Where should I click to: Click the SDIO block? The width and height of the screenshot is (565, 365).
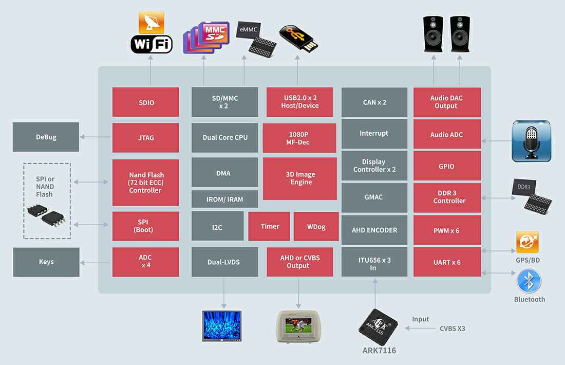pyautogui.click(x=145, y=102)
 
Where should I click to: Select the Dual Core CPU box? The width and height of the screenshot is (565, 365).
pyautogui.click(x=224, y=138)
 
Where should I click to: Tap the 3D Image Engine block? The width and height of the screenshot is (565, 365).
pyautogui.click(x=300, y=178)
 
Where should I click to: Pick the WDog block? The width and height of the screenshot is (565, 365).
pyautogui.click(x=315, y=227)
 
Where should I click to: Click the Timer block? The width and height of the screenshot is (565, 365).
pyautogui.click(x=269, y=227)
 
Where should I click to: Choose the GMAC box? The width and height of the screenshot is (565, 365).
pyautogui.click(x=374, y=197)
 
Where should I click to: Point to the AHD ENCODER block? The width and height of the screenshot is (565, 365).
pyautogui.click(x=374, y=230)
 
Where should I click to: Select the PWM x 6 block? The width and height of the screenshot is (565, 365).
pyautogui.click(x=447, y=231)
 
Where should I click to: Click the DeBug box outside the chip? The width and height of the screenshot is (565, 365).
pyautogui.click(x=46, y=137)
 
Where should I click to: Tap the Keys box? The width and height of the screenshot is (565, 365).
pyautogui.click(x=46, y=262)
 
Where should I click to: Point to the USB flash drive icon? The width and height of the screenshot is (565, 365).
pyautogui.click(x=298, y=38)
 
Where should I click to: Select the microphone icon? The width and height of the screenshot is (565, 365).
pyautogui.click(x=531, y=141)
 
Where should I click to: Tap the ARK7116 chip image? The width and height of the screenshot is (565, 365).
pyautogui.click(x=378, y=327)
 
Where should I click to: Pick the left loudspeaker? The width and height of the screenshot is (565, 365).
pyautogui.click(x=432, y=33)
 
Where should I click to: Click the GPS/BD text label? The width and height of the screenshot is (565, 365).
pyautogui.click(x=528, y=260)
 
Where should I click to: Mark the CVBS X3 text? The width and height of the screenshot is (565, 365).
pyautogui.click(x=452, y=328)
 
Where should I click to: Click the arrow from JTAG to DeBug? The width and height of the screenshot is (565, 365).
pyautogui.click(x=96, y=137)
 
